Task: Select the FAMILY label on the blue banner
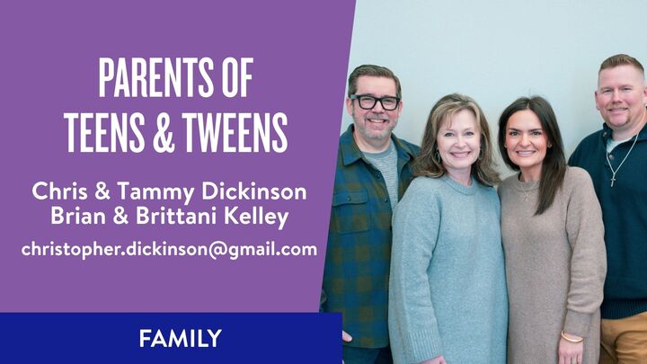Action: [x=180, y=339]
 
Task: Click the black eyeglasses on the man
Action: [x=375, y=102]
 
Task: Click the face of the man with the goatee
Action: [x=619, y=99]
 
